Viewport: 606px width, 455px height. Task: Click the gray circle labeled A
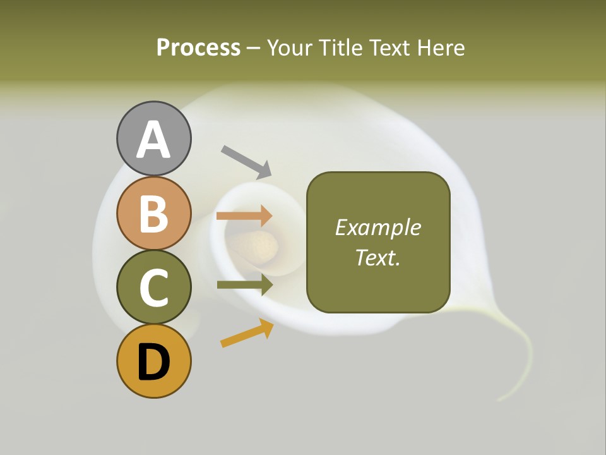pyautogui.click(x=153, y=138)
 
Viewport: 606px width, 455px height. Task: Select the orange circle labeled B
pyautogui.click(x=153, y=213)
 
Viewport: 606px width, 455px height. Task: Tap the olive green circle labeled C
pyautogui.click(x=153, y=287)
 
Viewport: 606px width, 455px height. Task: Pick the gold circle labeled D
pyautogui.click(x=153, y=361)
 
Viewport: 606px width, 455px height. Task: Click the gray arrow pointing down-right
pyautogui.click(x=247, y=161)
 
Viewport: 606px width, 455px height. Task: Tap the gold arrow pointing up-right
pyautogui.click(x=247, y=333)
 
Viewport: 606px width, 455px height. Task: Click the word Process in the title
pyautogui.click(x=198, y=47)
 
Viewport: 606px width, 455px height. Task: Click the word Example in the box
pyautogui.click(x=377, y=227)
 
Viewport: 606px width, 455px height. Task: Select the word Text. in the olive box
pyautogui.click(x=377, y=257)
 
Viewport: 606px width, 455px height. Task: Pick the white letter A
pyautogui.click(x=153, y=140)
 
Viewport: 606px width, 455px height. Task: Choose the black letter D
pyautogui.click(x=153, y=363)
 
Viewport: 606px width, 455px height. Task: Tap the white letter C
pyautogui.click(x=153, y=288)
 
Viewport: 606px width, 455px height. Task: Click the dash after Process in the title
pyautogui.click(x=254, y=48)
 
